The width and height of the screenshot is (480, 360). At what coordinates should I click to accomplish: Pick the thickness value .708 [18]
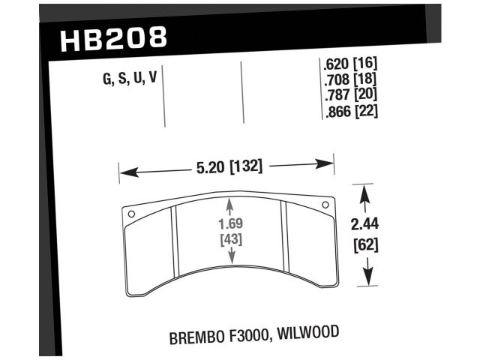tap(349, 80)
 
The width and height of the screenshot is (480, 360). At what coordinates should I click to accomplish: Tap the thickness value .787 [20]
tap(349, 95)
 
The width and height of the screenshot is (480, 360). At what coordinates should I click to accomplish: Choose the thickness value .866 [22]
tap(349, 111)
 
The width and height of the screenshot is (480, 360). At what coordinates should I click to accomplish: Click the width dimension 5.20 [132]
tap(229, 167)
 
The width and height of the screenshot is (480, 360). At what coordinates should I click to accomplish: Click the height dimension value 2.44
tap(364, 224)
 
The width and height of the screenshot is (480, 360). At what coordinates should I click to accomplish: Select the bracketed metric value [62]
tap(364, 244)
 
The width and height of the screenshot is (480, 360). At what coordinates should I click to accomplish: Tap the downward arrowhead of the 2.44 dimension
tap(367, 279)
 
